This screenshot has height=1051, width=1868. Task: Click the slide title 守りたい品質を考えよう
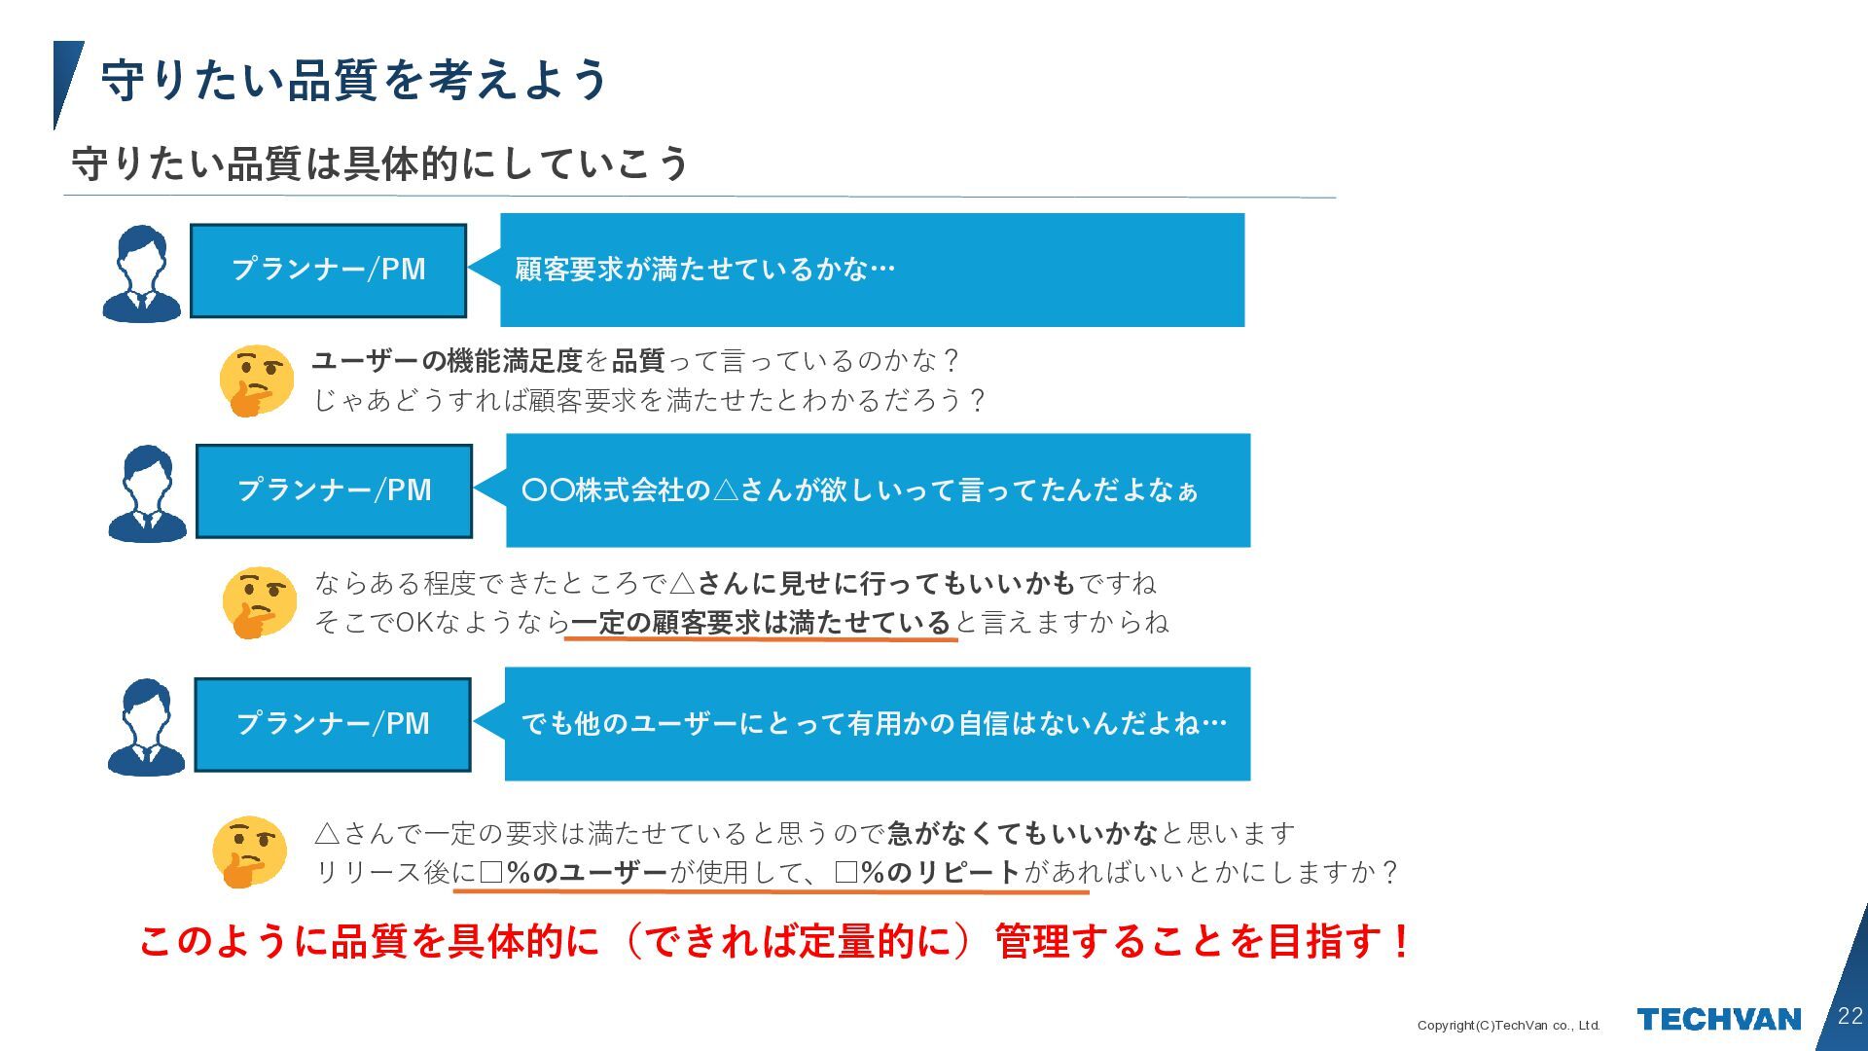point(354,80)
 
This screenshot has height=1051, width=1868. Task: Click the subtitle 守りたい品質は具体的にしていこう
point(379,163)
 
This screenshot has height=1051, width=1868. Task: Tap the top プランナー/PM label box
point(329,270)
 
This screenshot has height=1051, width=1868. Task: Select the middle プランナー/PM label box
point(334,490)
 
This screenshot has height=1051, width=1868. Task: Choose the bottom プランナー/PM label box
point(333,724)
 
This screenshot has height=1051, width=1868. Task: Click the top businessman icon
point(142,273)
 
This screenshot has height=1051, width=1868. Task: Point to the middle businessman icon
point(147,493)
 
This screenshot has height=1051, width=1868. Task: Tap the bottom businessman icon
point(146,727)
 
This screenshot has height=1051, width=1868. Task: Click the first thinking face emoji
point(256,380)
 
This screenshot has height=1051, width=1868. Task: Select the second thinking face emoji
point(259,601)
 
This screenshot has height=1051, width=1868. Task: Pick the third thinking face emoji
point(249,852)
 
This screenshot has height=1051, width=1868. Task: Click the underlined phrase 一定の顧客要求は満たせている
point(760,623)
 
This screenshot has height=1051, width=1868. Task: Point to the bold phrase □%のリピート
point(927,872)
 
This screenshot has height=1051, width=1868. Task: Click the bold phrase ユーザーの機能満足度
point(447,361)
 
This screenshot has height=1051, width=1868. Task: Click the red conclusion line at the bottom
point(773,941)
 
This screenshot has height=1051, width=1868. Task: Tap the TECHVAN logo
point(1718,1019)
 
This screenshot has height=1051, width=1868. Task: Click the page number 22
point(1850,1016)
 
